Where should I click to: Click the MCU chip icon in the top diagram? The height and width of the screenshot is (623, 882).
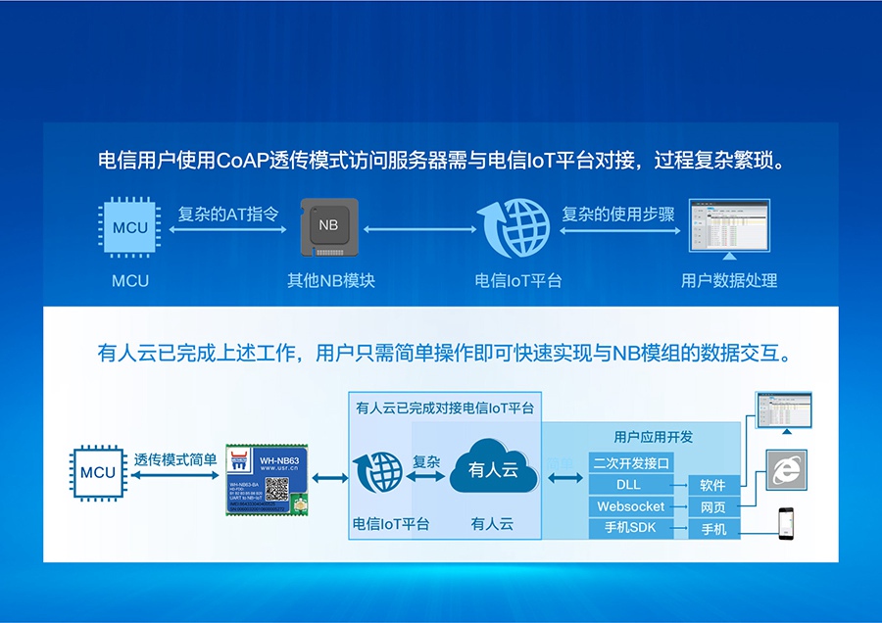(x=130, y=227)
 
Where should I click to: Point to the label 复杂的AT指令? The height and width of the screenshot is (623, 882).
(x=228, y=214)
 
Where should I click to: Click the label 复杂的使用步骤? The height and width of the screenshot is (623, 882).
(x=618, y=214)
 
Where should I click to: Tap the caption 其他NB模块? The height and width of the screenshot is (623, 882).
(x=330, y=280)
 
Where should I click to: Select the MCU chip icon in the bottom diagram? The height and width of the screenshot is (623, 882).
(x=98, y=472)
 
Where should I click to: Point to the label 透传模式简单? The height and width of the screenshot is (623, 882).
(x=175, y=458)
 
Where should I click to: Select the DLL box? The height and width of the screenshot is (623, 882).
(x=630, y=485)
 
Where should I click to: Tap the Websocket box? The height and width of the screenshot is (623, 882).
(x=630, y=506)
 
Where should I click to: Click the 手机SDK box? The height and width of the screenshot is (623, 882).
(x=630, y=528)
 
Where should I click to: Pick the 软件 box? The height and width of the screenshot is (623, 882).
(x=712, y=485)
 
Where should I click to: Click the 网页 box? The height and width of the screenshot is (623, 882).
(x=712, y=506)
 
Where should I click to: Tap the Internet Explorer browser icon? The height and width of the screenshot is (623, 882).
(x=785, y=471)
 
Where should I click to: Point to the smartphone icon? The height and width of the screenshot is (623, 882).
(x=785, y=523)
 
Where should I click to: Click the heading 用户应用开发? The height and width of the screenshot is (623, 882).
(x=653, y=437)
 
